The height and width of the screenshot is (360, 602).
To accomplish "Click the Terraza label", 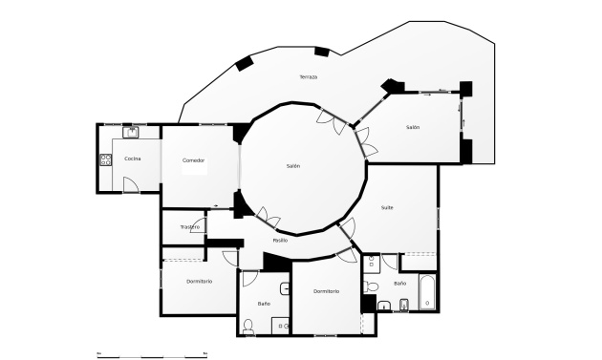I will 308,76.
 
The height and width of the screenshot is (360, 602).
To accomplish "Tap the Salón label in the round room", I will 293,166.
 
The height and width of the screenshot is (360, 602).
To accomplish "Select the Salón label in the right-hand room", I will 413,127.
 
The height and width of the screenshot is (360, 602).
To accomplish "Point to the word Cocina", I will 133,158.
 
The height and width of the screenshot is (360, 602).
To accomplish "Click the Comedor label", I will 194,159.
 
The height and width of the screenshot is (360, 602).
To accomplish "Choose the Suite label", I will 387,207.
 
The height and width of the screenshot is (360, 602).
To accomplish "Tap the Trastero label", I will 189,226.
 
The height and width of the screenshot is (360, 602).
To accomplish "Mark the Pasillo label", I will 280,240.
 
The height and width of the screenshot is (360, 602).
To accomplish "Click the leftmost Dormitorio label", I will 199,281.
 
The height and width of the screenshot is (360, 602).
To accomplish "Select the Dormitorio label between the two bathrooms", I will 326,290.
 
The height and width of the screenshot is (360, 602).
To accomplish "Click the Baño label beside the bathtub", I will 400,284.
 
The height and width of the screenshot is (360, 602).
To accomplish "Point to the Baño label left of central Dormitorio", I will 264,303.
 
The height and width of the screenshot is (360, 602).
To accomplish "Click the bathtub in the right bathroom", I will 427,291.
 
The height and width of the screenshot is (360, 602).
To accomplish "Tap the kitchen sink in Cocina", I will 132,132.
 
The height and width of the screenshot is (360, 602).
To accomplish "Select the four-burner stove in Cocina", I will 104,159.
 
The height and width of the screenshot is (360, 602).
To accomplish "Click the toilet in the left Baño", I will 248,326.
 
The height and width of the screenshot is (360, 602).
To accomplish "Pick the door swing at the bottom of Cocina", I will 131,184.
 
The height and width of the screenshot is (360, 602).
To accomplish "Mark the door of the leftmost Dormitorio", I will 230,257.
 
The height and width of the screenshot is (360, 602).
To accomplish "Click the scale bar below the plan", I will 153,354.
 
